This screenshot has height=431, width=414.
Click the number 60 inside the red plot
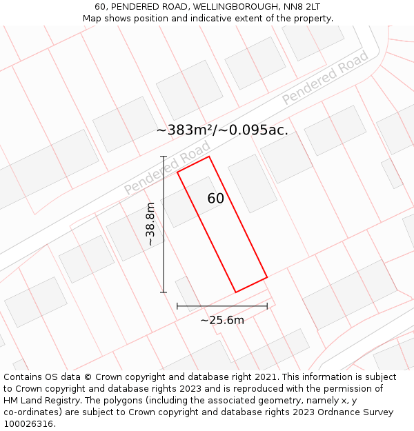pos(215,199)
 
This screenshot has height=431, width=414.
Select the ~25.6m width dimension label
pos(222,320)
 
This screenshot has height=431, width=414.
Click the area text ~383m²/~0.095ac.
pos(222,130)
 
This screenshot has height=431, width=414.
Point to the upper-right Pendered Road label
pos(325,77)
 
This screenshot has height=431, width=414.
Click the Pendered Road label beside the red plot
pos(167,169)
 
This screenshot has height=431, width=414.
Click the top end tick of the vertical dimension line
pos(164,157)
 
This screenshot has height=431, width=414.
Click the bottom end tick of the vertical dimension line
pos(164,292)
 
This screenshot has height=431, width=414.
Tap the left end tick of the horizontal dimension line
pos(177,305)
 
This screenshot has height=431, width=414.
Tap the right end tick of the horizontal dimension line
pos(267,305)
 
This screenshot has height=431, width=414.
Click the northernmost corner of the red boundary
pos(209,157)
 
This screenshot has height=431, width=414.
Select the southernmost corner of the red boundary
pos(235,292)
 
